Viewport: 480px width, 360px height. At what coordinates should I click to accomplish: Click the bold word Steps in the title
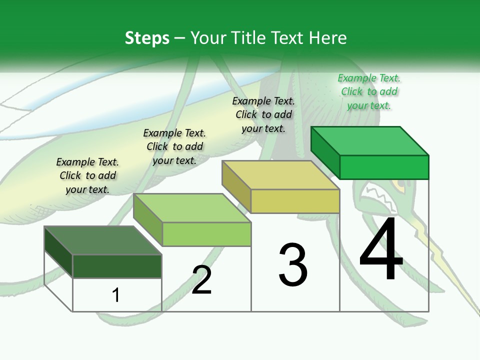[147, 38]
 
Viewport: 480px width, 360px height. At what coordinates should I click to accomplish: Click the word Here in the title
[327, 37]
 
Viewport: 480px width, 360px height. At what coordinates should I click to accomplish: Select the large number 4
[381, 248]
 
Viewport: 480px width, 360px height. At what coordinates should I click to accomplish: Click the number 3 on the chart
[293, 265]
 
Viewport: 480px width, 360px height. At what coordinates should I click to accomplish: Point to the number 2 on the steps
[201, 280]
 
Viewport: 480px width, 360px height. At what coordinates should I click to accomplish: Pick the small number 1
[115, 295]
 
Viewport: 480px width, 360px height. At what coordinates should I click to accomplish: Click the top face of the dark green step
[103, 240]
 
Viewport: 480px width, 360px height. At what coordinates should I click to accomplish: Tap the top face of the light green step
[192, 208]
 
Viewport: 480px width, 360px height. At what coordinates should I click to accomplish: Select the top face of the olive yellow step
[280, 175]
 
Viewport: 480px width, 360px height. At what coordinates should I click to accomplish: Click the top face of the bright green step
[370, 141]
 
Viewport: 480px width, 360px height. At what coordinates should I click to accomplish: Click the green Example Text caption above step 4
[369, 91]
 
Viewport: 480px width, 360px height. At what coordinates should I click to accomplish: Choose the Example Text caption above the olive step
[263, 114]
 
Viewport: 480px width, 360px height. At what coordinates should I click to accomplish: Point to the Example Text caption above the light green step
[174, 146]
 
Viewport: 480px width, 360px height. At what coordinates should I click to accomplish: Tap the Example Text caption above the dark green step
[87, 175]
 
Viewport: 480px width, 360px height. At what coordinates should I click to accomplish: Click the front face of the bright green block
[384, 167]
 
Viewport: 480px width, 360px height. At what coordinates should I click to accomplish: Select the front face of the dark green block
[117, 266]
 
